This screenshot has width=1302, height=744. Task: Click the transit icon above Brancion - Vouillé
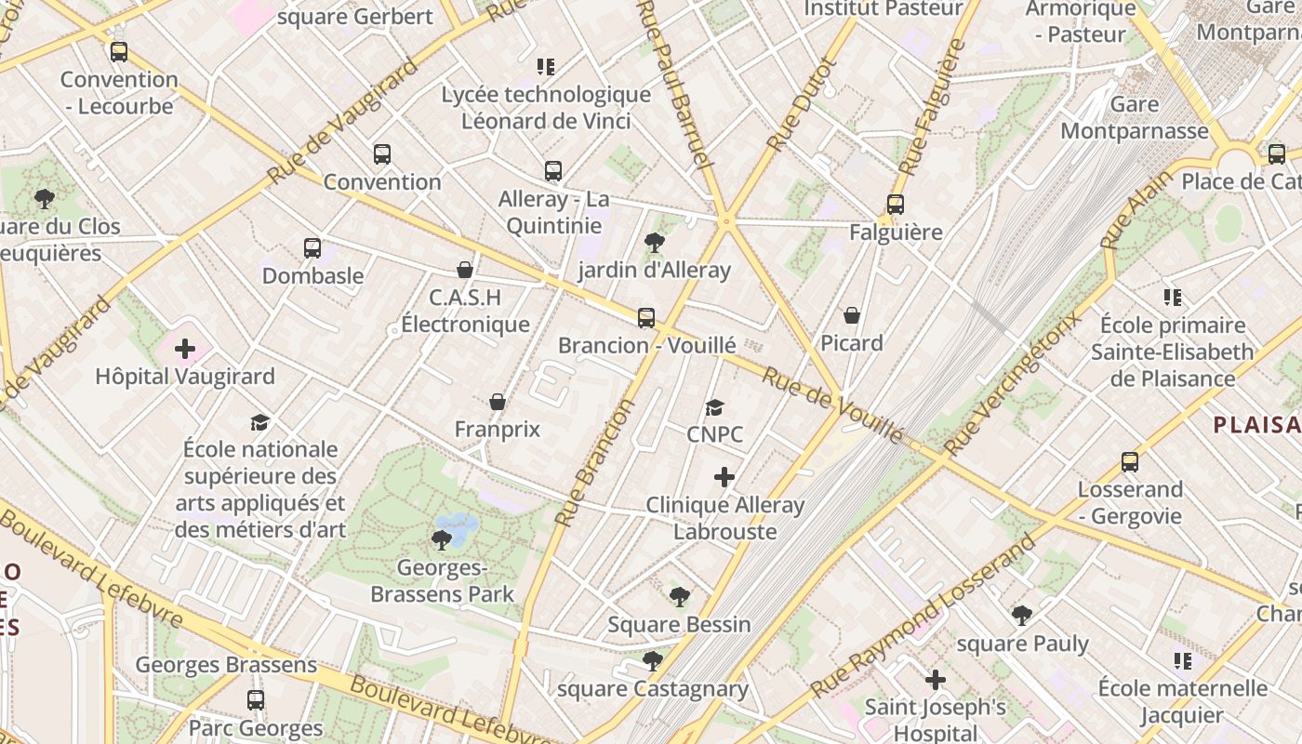click(x=646, y=317)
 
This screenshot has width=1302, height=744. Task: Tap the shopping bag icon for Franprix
click(x=498, y=402)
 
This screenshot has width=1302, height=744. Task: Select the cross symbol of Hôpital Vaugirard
click(x=185, y=349)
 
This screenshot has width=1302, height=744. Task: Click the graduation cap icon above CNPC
click(x=714, y=407)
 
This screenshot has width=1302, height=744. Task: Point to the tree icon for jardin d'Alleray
click(x=655, y=243)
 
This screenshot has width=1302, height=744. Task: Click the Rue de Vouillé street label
click(x=832, y=405)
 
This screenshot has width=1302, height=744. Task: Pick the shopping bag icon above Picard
click(x=852, y=316)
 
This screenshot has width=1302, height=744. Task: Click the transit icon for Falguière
click(x=896, y=205)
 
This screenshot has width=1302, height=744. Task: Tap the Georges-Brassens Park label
click(x=443, y=580)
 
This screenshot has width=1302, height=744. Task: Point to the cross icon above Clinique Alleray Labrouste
click(x=724, y=477)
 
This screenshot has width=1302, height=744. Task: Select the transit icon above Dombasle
click(x=312, y=248)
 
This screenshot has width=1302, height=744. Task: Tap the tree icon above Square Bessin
click(x=680, y=596)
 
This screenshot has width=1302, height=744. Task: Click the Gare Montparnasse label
click(x=1134, y=117)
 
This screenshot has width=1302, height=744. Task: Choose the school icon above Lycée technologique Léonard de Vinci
click(x=546, y=66)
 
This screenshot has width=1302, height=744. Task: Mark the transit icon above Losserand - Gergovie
click(x=1130, y=461)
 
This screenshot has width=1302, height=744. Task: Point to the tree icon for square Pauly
click(x=1022, y=615)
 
